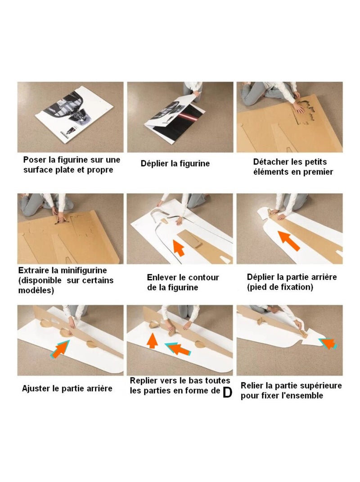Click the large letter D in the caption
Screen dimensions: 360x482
[x=227, y=392]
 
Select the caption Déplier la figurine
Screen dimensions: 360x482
[x=175, y=164]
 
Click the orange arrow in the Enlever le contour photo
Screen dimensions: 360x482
[x=179, y=248]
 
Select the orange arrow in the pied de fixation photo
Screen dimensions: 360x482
[x=289, y=241]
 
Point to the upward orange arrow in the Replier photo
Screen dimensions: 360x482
[x=152, y=340]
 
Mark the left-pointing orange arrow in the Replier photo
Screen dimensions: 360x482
[x=178, y=349]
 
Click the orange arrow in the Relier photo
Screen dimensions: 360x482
[x=327, y=343]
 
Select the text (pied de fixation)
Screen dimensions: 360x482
[x=280, y=287]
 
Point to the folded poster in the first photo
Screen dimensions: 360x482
[x=74, y=117]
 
